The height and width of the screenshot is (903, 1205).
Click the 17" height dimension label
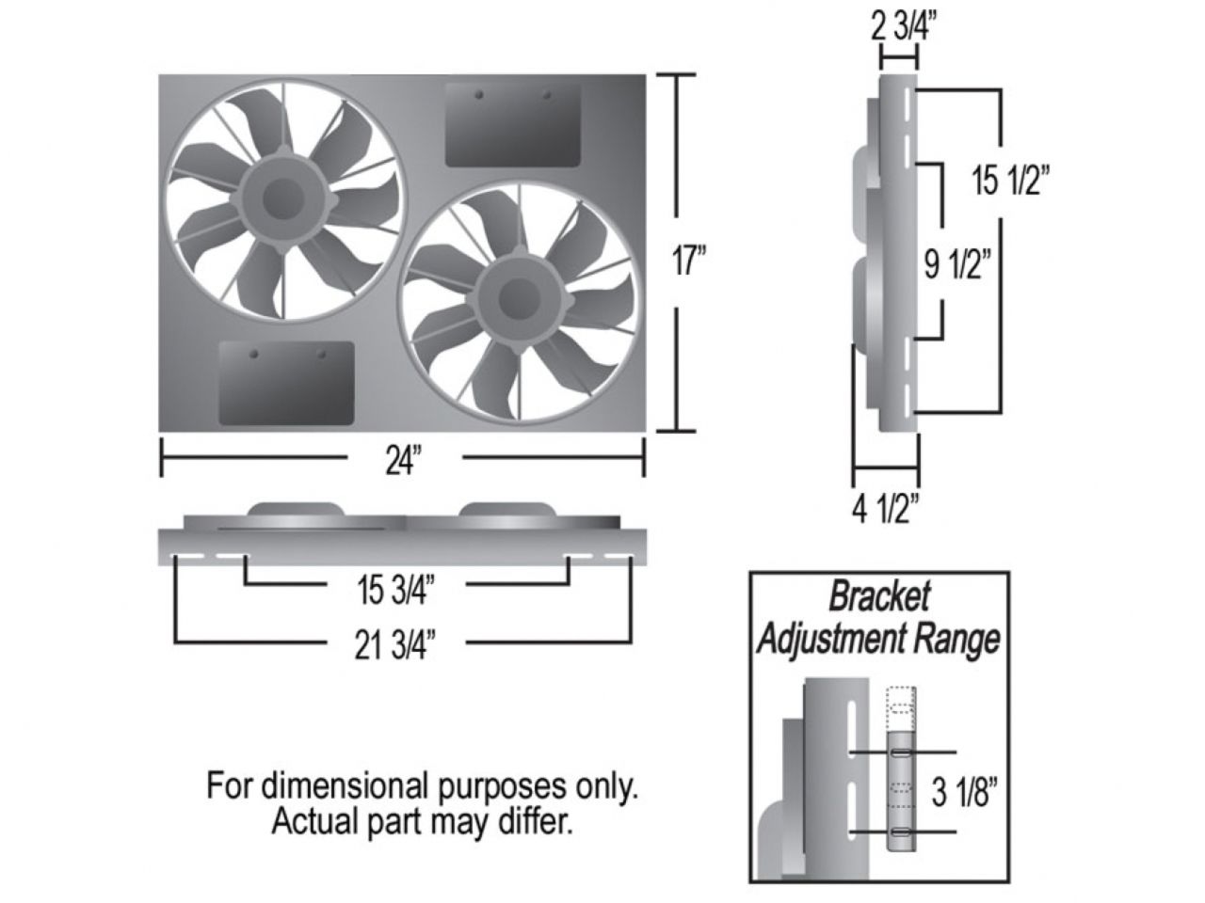(x=689, y=261)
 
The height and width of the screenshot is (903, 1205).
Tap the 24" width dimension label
(x=402, y=463)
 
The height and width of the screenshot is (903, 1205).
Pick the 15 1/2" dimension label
(x=1011, y=182)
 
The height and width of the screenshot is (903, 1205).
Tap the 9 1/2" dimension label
(x=958, y=266)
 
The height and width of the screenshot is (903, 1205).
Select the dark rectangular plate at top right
(x=513, y=123)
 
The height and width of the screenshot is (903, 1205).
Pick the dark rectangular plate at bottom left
(x=286, y=383)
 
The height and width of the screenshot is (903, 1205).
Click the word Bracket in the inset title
(x=879, y=596)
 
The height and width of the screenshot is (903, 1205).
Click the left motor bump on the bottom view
(x=295, y=509)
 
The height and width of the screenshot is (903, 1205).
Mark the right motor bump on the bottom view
(x=508, y=509)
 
